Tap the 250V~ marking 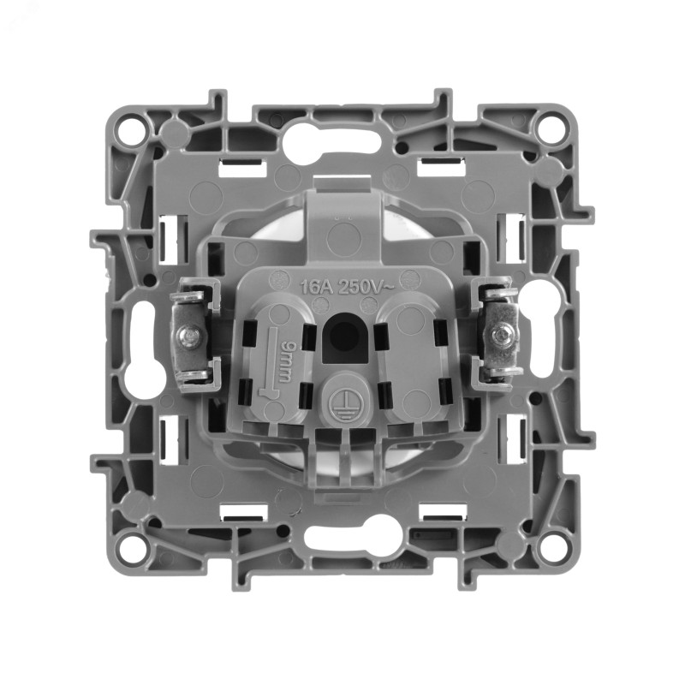pos(367,287)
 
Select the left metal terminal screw pos(188,336)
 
